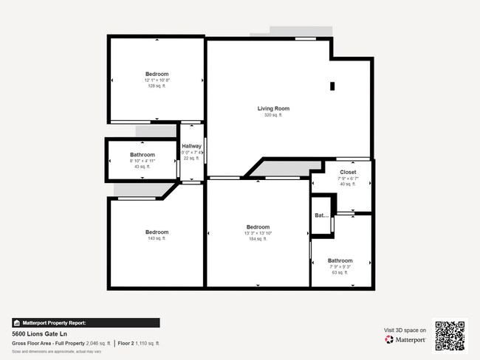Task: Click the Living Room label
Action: click(x=273, y=108)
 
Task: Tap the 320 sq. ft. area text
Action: click(x=273, y=115)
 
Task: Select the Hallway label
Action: click(x=191, y=146)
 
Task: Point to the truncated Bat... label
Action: click(x=321, y=216)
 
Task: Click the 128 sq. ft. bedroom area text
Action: click(x=157, y=86)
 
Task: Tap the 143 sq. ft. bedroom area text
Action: click(x=157, y=238)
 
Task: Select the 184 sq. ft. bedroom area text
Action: click(x=258, y=239)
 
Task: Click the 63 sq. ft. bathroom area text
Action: click(x=340, y=272)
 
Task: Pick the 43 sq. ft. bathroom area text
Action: click(x=142, y=167)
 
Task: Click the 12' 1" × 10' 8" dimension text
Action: click(x=157, y=80)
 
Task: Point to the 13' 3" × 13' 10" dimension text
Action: click(x=258, y=233)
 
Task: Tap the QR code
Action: click(x=450, y=335)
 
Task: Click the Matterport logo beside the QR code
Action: click(x=405, y=340)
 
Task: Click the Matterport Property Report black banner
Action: click(x=85, y=322)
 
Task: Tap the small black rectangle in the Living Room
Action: click(x=332, y=86)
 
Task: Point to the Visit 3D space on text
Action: click(x=405, y=330)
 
